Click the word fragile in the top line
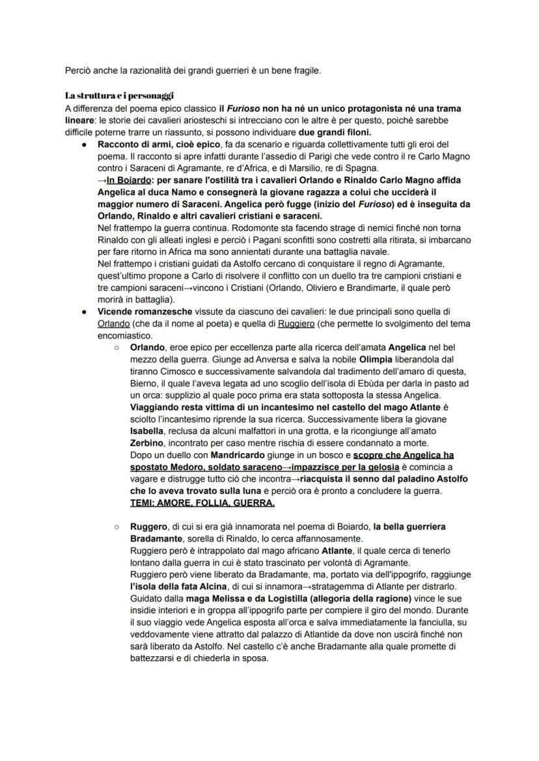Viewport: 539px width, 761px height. pyautogui.click(x=305, y=70)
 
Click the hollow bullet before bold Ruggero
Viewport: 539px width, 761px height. pyautogui.click(x=116, y=526)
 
